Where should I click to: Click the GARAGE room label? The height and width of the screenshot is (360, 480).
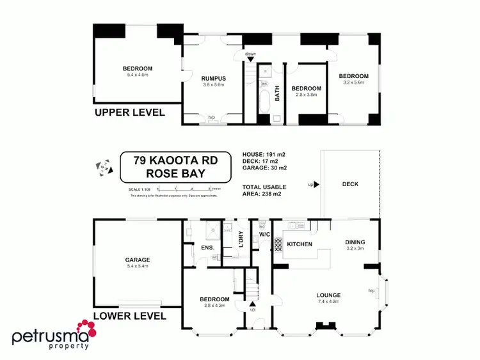[x=138, y=260]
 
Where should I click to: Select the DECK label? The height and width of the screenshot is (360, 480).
[x=350, y=184]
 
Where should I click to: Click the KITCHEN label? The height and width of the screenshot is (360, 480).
[x=299, y=244]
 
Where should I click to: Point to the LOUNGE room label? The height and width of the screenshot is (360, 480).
[x=328, y=295]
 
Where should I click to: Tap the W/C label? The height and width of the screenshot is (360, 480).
[x=265, y=234]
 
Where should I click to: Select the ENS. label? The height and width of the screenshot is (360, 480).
[x=207, y=247]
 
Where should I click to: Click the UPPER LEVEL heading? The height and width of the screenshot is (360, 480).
[x=130, y=113]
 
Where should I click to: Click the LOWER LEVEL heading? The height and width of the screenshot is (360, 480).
[x=130, y=316]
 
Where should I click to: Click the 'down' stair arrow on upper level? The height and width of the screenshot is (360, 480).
[x=250, y=58]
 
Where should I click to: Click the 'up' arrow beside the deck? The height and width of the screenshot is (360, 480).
[x=314, y=184]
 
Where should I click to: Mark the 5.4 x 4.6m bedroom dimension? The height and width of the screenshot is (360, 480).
[x=138, y=75]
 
